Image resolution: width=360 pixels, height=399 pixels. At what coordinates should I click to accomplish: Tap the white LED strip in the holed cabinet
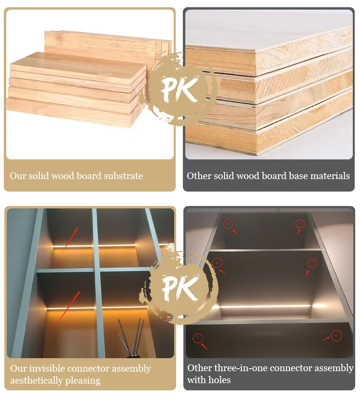(x=264, y=306)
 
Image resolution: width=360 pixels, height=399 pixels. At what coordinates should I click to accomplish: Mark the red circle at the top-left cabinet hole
(x=228, y=223)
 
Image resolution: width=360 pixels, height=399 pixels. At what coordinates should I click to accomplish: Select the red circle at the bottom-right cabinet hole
(x=336, y=335)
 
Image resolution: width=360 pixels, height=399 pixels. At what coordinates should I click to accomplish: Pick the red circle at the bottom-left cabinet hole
(x=198, y=339)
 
